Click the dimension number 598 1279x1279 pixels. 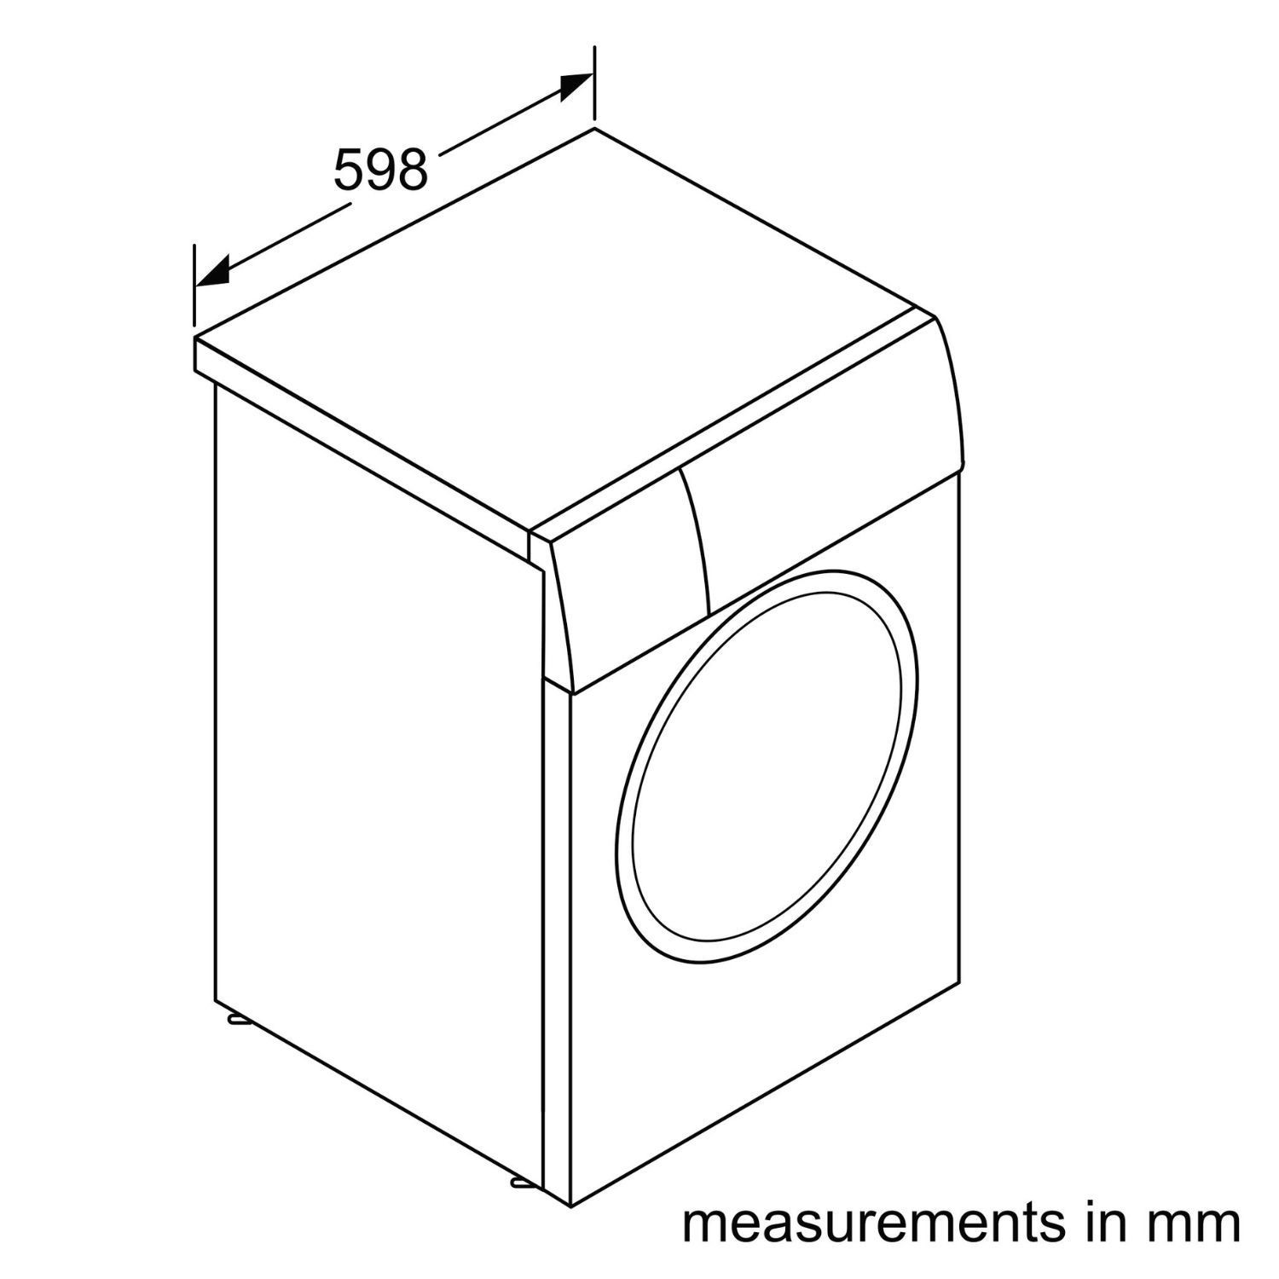point(379,170)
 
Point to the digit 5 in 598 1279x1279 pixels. point(348,170)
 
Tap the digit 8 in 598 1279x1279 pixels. point(411,170)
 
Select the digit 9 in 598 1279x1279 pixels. point(379,170)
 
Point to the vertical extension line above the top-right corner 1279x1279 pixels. point(593,84)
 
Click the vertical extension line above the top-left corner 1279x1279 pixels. point(194,287)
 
